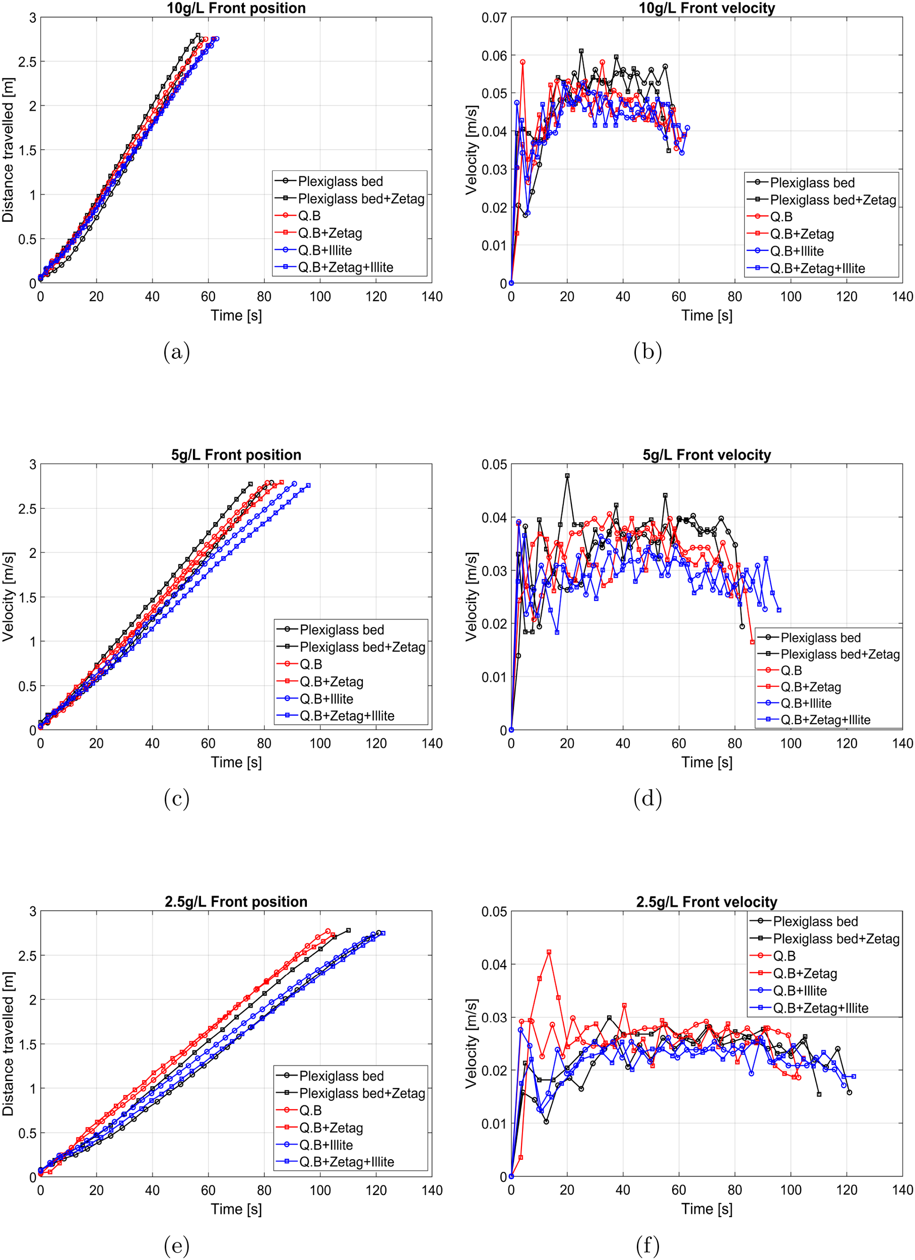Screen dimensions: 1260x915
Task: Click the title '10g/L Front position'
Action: [x=236, y=8]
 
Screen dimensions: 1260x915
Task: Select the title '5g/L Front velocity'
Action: [x=707, y=455]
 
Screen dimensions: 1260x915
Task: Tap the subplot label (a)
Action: [x=177, y=352]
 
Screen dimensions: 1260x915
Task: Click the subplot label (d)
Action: [x=647, y=798]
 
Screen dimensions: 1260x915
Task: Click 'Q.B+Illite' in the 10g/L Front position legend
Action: [x=325, y=250]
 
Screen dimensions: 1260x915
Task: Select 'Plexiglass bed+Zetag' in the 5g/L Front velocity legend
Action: [x=840, y=654]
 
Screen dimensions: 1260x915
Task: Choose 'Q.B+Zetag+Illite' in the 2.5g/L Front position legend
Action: [x=347, y=1162]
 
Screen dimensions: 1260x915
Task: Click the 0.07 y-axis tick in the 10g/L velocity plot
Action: [x=494, y=18]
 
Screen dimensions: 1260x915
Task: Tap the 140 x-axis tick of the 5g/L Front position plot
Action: [x=432, y=743]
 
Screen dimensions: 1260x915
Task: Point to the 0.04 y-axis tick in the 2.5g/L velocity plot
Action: [x=494, y=964]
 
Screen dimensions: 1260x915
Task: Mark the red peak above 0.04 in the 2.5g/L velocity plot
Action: [x=549, y=952]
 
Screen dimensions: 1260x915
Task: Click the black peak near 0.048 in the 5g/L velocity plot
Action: [x=567, y=476]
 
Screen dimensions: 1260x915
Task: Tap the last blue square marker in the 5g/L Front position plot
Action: [x=308, y=485]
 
